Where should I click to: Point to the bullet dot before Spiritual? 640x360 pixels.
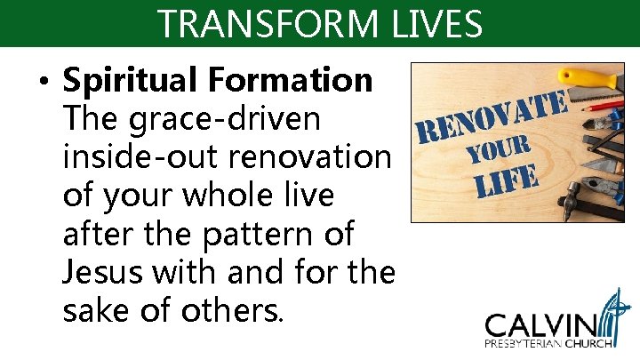[44, 83]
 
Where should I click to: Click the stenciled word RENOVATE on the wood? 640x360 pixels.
[492, 119]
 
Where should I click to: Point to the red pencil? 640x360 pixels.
[604, 108]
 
